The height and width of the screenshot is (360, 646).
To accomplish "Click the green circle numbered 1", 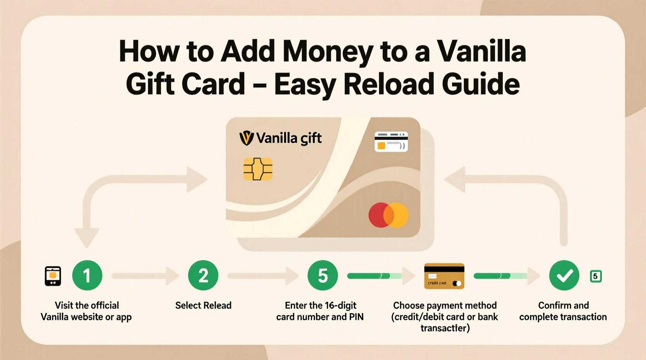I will (x=87, y=275).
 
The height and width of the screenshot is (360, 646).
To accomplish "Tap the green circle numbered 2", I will (x=203, y=275).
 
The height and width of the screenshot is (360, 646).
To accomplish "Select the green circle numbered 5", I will (x=323, y=275).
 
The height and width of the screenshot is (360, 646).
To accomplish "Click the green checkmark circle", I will (x=564, y=275).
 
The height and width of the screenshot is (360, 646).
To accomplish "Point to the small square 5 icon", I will (x=596, y=276).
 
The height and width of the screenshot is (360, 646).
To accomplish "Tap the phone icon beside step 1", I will (x=53, y=276).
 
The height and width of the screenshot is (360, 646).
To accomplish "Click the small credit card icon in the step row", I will (x=444, y=276).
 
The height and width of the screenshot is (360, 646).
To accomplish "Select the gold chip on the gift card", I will (x=258, y=169).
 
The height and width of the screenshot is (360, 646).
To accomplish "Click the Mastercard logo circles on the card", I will (x=388, y=215).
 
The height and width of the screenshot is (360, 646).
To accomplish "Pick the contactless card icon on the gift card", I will (x=391, y=142).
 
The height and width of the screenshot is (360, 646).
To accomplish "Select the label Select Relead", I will (x=203, y=305).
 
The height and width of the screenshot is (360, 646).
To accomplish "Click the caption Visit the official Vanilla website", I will (x=87, y=311).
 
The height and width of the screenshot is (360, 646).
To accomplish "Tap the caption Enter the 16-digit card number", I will (x=320, y=311).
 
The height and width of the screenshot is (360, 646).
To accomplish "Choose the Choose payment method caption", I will (x=445, y=317).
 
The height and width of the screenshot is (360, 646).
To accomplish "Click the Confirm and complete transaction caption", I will (x=563, y=311).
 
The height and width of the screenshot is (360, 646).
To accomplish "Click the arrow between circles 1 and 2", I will (x=146, y=276).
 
